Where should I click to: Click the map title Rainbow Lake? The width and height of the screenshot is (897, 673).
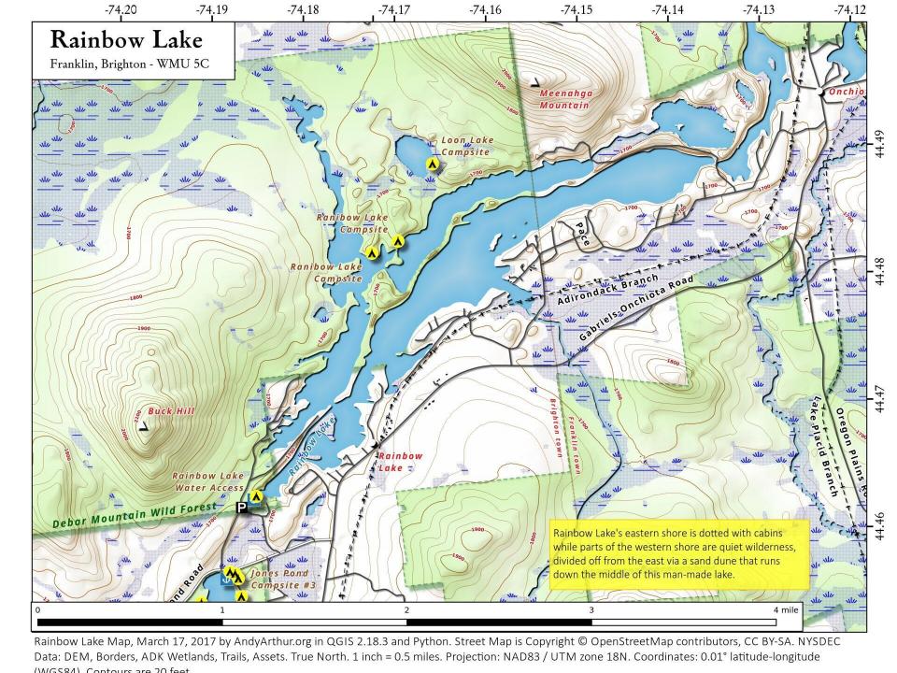pyautogui.click(x=125, y=40)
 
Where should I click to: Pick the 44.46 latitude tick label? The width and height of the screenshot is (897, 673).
pyautogui.click(x=880, y=526)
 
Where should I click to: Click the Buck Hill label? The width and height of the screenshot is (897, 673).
pyautogui.click(x=170, y=411)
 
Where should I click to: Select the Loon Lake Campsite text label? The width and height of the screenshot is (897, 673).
pyautogui.click(x=464, y=146)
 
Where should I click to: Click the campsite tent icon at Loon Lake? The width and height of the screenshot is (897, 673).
pyautogui.click(x=433, y=164)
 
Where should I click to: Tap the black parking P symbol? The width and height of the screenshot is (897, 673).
pyautogui.click(x=241, y=508)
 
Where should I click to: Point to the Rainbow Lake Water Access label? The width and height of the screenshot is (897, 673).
pyautogui.click(x=207, y=481)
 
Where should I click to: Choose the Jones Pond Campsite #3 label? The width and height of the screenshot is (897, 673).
pyautogui.click(x=279, y=579)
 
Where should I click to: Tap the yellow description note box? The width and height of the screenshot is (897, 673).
pyautogui.click(x=678, y=553)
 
